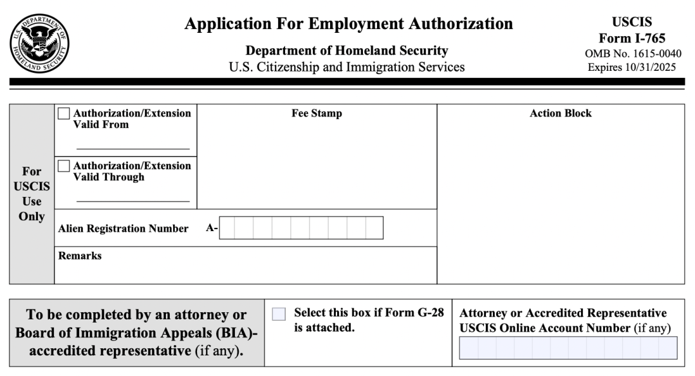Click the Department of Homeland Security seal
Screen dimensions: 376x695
coord(40,42)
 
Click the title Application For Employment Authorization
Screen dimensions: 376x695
coord(348,24)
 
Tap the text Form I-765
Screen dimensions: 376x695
coord(632,38)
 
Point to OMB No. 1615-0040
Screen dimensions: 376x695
coord(632,53)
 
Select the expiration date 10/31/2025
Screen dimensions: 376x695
coord(649,67)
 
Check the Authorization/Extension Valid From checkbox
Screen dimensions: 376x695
coord(64,114)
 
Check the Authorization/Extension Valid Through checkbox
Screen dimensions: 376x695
coord(64,166)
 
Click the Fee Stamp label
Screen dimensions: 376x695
coord(317,113)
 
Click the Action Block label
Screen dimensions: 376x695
coord(561,113)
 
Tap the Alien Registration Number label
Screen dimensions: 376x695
coord(123,229)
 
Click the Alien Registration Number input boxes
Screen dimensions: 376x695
coord(301,228)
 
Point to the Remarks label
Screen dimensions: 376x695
coord(80,256)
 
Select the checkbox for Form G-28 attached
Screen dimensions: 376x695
coord(279,314)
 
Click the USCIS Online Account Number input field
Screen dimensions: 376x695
coord(568,348)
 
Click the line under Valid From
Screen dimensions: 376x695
coord(133,149)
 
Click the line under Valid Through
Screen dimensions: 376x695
coord(133,202)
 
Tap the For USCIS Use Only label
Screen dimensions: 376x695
coord(32,194)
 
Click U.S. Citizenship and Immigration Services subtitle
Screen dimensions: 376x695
coord(347,67)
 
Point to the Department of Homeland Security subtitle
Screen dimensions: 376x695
coord(347,51)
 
